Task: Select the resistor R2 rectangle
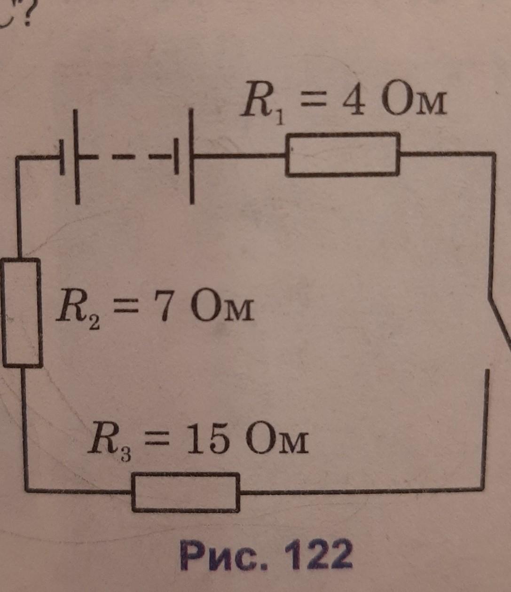[3, 312]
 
